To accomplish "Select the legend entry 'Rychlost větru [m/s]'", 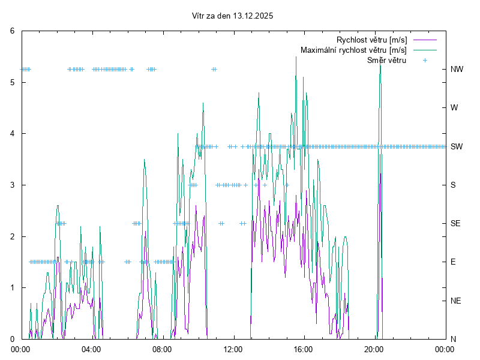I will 371,40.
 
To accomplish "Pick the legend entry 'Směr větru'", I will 386,60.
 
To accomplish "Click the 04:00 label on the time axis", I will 91,349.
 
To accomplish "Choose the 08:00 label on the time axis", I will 162,349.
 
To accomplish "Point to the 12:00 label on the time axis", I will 233,349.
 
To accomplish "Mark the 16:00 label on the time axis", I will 304,349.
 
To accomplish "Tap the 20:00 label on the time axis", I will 374,349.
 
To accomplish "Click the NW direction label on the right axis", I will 457,69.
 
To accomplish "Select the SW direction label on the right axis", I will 457,146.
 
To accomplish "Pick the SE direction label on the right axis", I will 456,223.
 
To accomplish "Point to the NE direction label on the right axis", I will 456,301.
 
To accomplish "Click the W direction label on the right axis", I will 454,108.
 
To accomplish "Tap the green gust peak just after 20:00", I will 380,64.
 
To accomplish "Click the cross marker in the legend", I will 425,60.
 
